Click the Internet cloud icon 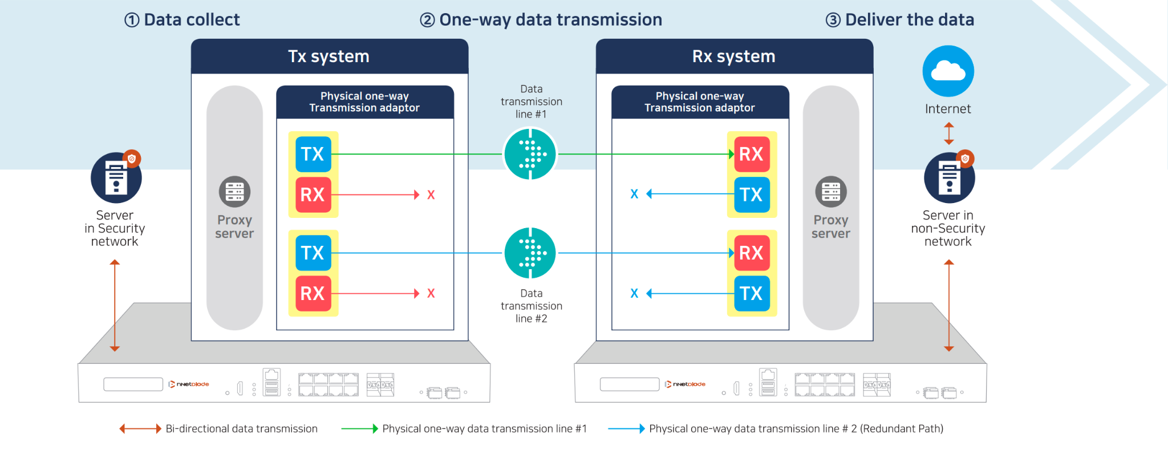pos(948,71)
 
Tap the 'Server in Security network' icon pos(116,177)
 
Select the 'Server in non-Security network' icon pos(950,177)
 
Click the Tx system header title pos(328,56)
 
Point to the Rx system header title pos(733,56)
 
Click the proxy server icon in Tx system pos(234,192)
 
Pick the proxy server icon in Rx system pos(831,192)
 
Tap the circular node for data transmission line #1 pos(530,154)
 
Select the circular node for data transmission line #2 pos(530,253)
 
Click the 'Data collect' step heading pos(182,20)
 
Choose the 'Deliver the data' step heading pos(900,20)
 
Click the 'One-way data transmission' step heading pos(541,20)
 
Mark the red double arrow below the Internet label pos(948,133)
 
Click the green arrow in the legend pos(360,429)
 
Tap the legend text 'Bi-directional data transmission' pos(242,429)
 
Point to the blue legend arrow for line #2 pos(627,429)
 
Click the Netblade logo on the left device pos(189,384)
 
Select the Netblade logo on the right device pos(685,384)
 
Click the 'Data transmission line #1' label pos(532,102)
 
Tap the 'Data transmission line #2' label pos(532,306)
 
